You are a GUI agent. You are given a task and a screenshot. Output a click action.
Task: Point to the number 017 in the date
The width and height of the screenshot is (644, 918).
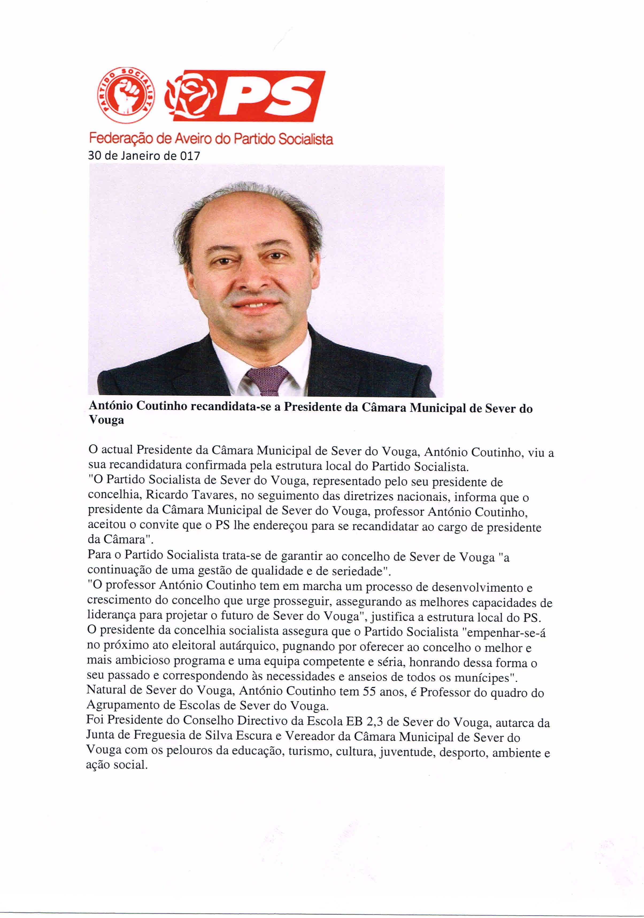coord(190,156)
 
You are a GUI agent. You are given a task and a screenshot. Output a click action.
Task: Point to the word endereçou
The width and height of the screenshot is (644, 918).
coord(274,525)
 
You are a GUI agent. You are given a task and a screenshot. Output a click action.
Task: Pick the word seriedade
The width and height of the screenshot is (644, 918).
coord(354,571)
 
